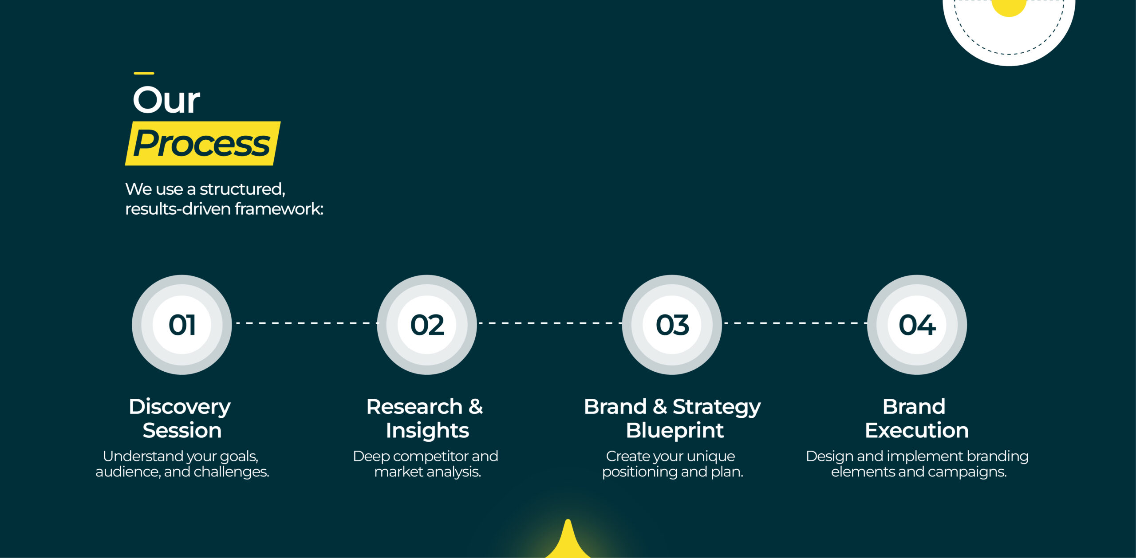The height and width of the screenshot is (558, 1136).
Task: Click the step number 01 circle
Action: (182, 325)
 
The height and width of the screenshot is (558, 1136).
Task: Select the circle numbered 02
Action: (427, 325)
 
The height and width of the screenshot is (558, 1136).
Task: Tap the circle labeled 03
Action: (672, 325)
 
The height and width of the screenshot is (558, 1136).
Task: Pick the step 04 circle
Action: (917, 325)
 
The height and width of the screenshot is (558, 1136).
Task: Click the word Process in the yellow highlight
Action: (202, 144)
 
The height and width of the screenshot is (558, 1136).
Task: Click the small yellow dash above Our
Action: (144, 73)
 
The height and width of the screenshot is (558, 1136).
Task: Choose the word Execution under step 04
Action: (917, 430)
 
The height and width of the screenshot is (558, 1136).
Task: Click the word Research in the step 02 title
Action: (414, 407)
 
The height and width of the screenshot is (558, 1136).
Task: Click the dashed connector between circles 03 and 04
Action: (795, 323)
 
